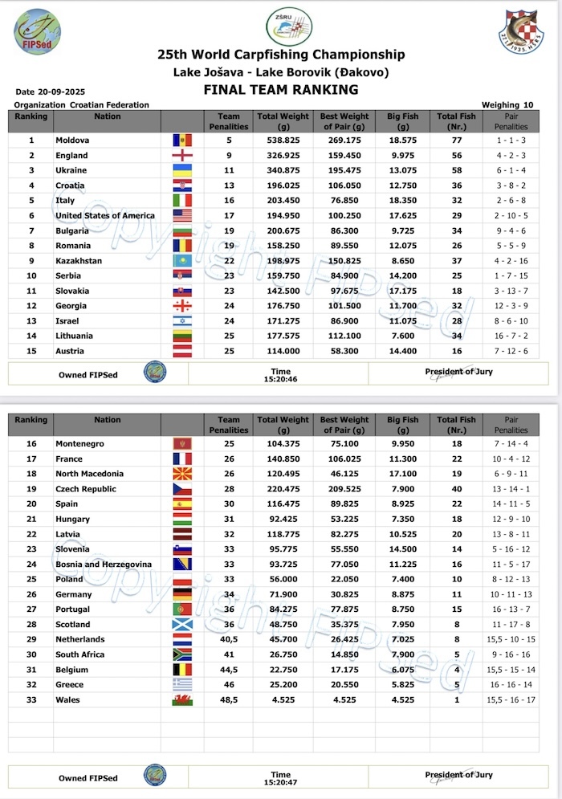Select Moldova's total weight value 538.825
[283, 140]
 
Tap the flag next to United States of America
[182, 215]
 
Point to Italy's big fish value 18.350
[402, 200]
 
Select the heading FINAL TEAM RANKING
[281, 89]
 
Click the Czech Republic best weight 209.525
[345, 489]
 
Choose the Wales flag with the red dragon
[182, 699]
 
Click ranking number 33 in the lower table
[31, 699]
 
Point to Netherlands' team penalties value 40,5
[229, 639]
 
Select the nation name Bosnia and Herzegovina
[103, 565]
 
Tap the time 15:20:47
[281, 781]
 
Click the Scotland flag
[182, 625]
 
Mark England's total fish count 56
[457, 155]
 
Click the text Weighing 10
[507, 105]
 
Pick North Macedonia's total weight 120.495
[283, 474]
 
